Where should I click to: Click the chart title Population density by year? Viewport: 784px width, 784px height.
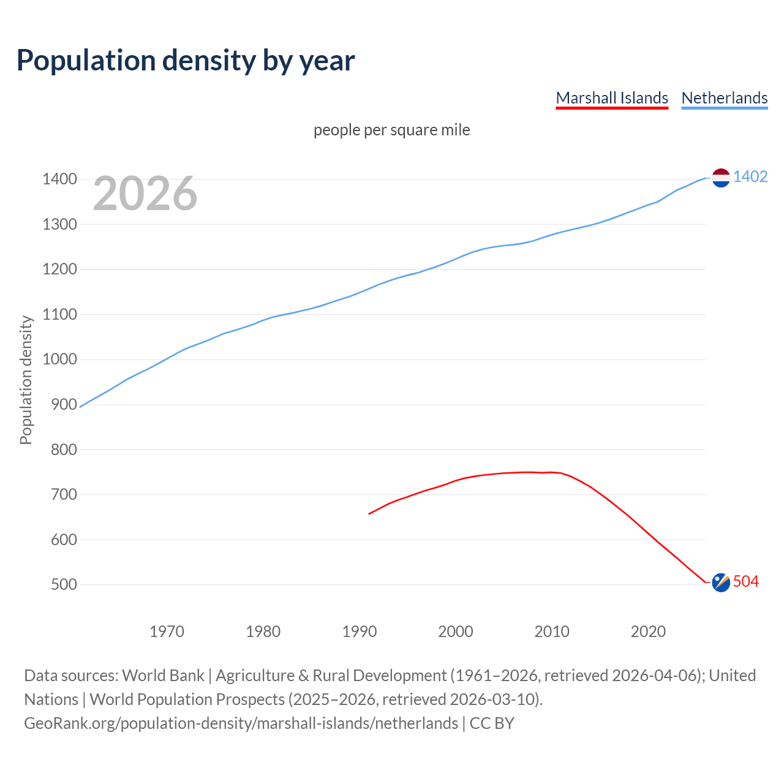pyautogui.click(x=186, y=61)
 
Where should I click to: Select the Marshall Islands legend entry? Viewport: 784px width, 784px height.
pyautogui.click(x=611, y=98)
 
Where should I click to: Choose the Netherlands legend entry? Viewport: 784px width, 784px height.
pyautogui.click(x=724, y=98)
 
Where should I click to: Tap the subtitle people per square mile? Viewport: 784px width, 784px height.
pyautogui.click(x=391, y=130)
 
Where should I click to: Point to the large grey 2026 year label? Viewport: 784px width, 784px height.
pyautogui.click(x=145, y=194)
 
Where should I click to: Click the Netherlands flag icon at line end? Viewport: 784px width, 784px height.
pyautogui.click(x=721, y=178)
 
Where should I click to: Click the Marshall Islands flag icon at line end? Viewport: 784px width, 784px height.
pyautogui.click(x=721, y=582)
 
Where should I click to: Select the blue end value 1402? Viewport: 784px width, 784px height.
pyautogui.click(x=750, y=176)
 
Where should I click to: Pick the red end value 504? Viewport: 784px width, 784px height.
pyautogui.click(x=745, y=581)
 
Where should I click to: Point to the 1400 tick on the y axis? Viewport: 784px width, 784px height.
pyautogui.click(x=59, y=179)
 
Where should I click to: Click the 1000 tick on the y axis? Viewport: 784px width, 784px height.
pyautogui.click(x=59, y=360)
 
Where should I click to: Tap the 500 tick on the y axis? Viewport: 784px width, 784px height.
pyautogui.click(x=64, y=584)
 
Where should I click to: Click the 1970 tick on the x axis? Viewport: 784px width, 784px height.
pyautogui.click(x=167, y=631)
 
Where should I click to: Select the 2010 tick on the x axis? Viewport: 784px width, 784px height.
pyautogui.click(x=552, y=631)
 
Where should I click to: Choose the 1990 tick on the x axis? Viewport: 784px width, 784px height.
pyautogui.click(x=360, y=631)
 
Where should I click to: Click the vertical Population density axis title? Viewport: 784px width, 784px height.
pyautogui.click(x=26, y=380)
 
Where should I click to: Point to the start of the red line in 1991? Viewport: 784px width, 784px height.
pyautogui.click(x=369, y=513)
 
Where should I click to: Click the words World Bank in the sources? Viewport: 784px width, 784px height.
pyautogui.click(x=163, y=676)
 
